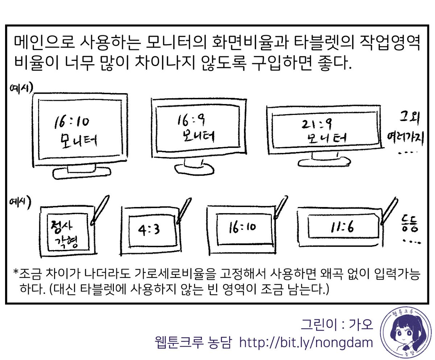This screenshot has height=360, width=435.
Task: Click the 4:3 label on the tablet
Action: point(149,230)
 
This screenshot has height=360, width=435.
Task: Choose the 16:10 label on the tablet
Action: point(242,228)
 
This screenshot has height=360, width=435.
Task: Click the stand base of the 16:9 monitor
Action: point(194,169)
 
